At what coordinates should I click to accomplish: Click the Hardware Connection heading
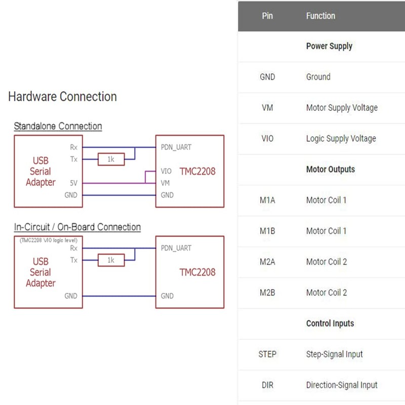point(62,97)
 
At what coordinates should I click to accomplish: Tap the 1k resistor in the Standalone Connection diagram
point(111,159)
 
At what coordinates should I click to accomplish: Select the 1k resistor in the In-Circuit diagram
point(111,260)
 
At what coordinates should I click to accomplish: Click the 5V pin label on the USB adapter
point(73,183)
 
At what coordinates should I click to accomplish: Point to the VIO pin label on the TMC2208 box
point(166,171)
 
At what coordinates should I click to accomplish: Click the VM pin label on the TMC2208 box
point(166,183)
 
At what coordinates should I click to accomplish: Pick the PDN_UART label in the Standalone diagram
point(176,147)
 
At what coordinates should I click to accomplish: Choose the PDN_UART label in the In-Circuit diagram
point(176,248)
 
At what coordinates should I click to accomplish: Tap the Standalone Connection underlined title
point(58,126)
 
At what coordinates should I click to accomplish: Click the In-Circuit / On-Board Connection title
point(77,227)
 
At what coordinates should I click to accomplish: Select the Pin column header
point(267,16)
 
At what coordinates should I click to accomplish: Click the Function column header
point(320,16)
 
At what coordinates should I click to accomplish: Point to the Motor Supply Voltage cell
point(342,108)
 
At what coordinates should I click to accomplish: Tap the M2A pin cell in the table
point(267,262)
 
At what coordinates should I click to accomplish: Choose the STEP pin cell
point(267,354)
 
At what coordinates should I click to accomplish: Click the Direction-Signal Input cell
point(342,385)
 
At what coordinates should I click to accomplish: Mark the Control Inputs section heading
point(330,323)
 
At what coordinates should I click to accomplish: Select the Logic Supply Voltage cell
point(341,139)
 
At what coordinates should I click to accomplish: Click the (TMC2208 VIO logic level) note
point(49,240)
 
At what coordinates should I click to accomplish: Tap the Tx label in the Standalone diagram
point(74,159)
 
